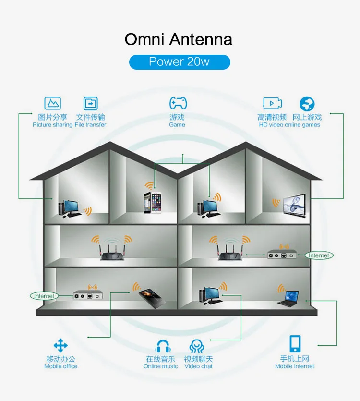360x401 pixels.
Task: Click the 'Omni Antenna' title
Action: point(179,39)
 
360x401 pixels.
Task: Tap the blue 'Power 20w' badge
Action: point(180,62)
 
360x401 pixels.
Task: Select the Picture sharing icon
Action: point(53,103)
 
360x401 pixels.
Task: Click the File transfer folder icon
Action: point(90,103)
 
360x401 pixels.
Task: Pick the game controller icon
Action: point(178,103)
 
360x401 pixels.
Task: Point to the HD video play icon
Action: point(272,103)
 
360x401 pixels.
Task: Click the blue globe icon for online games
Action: point(307,104)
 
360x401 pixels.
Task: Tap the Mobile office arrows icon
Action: point(60,346)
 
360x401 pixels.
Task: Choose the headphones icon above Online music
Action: point(163,346)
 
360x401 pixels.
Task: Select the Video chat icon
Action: point(196,346)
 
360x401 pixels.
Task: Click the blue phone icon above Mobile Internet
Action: point(295,344)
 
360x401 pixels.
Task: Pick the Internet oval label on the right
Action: point(319,255)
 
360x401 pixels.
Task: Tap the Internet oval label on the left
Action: point(44,296)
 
